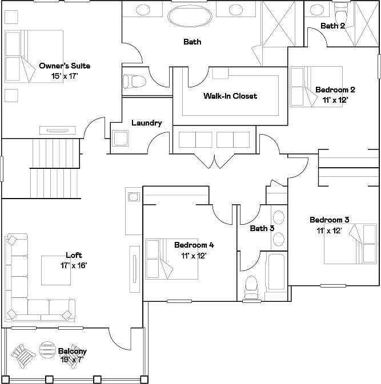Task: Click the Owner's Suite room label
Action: (65, 66)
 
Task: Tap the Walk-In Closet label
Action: (230, 96)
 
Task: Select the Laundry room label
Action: (147, 123)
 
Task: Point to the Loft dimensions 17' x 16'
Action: (73, 265)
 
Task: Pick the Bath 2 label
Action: (332, 26)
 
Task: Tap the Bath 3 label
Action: (262, 229)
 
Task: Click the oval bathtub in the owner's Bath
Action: (189, 15)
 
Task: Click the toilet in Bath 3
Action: (251, 287)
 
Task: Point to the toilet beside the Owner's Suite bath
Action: (134, 82)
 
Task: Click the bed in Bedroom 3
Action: (350, 243)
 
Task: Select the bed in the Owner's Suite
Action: (33, 56)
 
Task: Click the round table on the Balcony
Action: (47, 349)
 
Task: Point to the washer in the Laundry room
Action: (121, 138)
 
